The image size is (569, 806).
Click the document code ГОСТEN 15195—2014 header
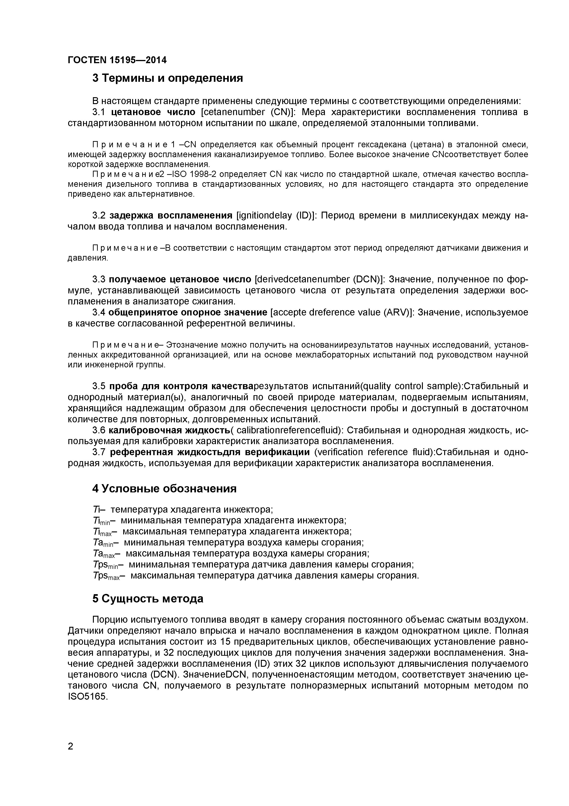(117, 60)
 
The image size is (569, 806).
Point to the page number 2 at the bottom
(70, 756)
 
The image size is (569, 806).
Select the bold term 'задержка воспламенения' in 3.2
(171, 215)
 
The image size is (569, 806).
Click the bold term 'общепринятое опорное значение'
(188, 312)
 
